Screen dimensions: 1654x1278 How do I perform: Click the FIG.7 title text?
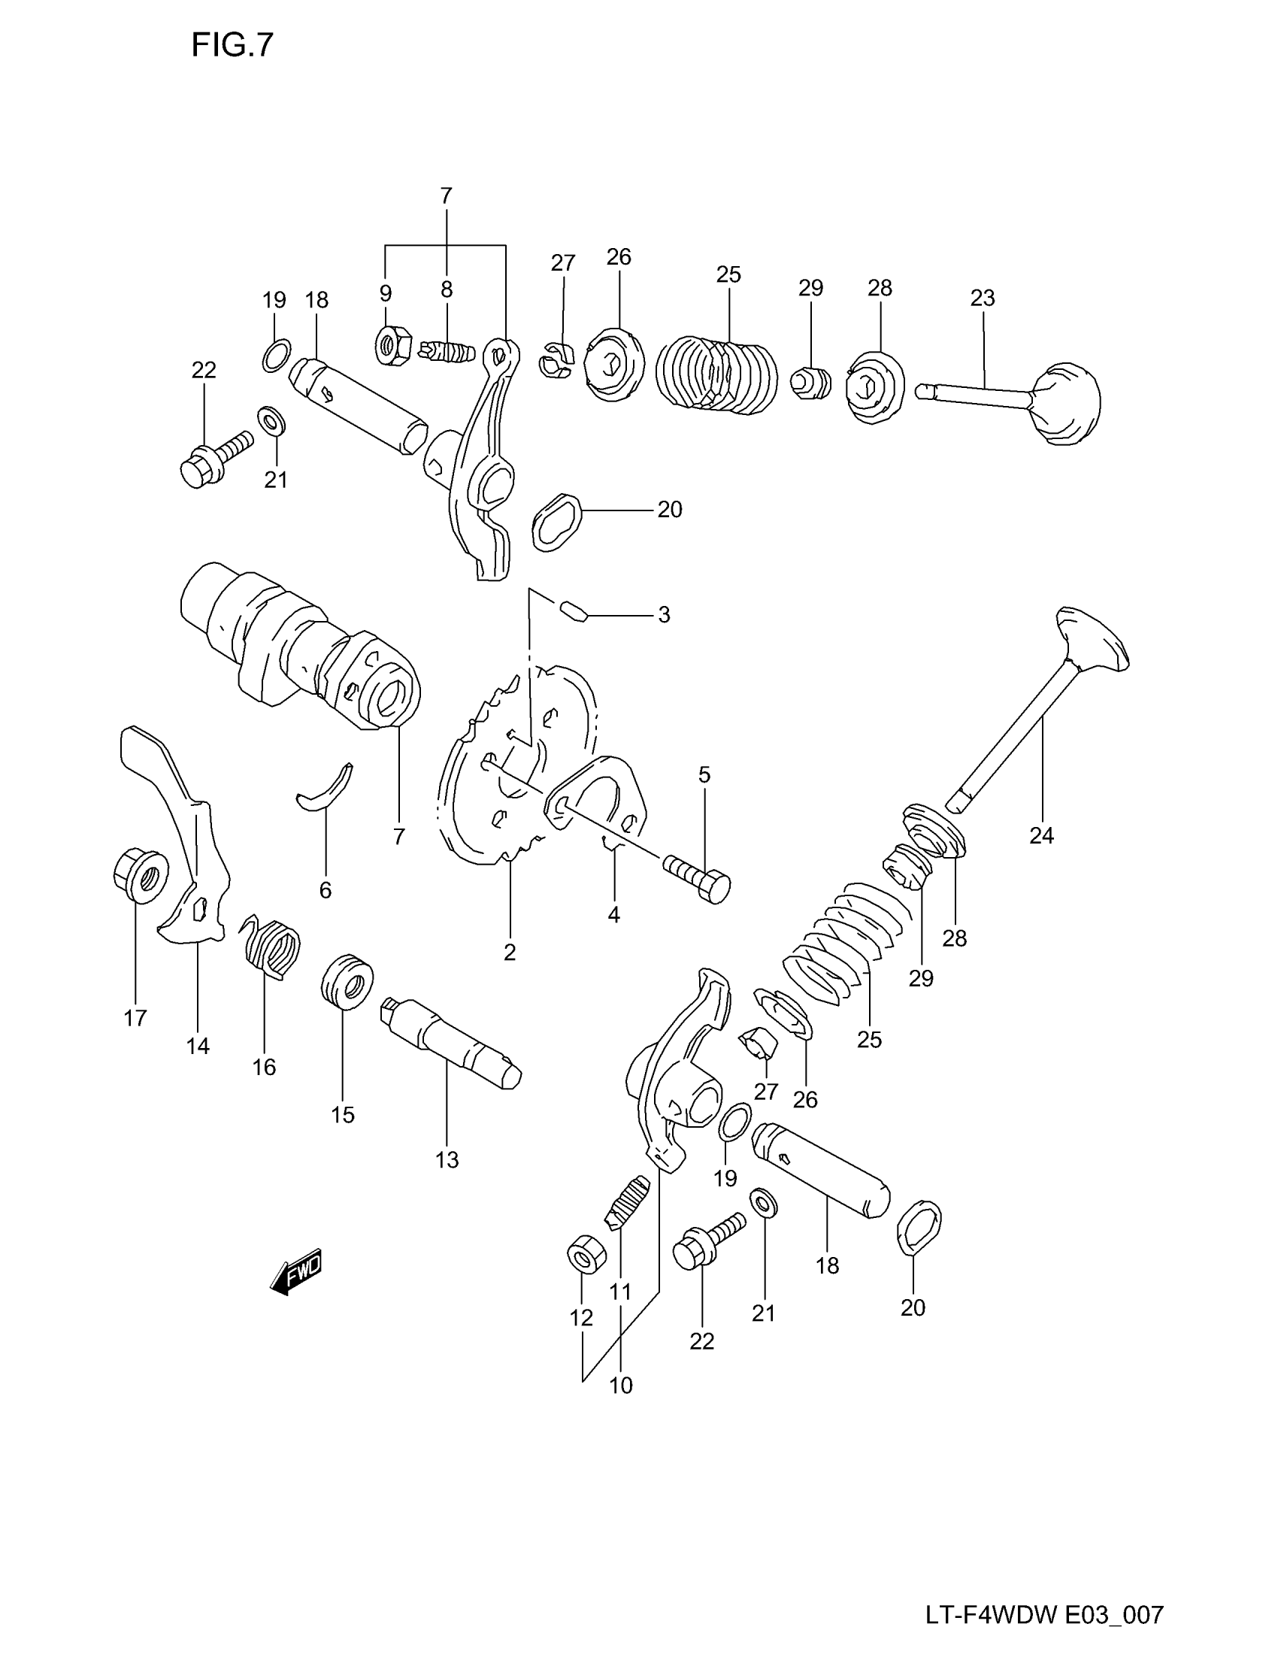coord(232,46)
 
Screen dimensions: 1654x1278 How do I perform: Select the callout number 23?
coord(982,298)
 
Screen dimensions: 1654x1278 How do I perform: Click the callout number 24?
coord(1041,835)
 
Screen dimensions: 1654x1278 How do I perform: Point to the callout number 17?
coord(135,1019)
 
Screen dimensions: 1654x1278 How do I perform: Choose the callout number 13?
coord(447,1159)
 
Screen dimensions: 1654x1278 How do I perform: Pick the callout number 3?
coord(664,615)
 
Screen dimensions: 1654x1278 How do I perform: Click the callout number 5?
coord(704,774)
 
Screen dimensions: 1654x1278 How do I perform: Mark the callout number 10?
coord(620,1386)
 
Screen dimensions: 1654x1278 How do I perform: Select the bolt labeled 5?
coord(698,877)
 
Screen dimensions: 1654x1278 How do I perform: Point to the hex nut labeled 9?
coord(393,346)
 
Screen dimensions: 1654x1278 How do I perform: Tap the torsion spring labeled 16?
coord(273,951)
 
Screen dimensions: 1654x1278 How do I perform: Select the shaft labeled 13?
coord(451,1043)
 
